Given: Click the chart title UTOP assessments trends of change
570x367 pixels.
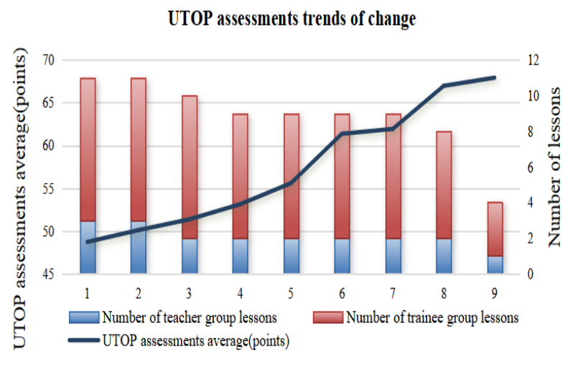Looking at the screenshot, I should tap(291, 19).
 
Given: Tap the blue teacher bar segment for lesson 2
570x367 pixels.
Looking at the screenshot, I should tap(139, 247).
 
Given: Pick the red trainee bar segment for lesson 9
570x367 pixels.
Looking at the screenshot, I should tap(495, 229).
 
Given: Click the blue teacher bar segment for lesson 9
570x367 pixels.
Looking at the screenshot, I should tap(495, 265).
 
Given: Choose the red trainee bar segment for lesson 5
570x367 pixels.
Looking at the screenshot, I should tap(291, 176).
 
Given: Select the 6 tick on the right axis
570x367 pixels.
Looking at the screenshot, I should tap(534, 167).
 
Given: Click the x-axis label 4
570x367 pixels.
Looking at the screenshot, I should tap(240, 293).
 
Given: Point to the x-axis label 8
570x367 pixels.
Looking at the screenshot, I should tap(444, 293).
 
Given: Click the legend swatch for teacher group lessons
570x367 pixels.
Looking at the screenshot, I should tap(84, 317).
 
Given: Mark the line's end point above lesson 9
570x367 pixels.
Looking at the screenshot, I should tap(495, 77).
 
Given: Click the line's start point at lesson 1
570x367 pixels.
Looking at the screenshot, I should tap(88, 242).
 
